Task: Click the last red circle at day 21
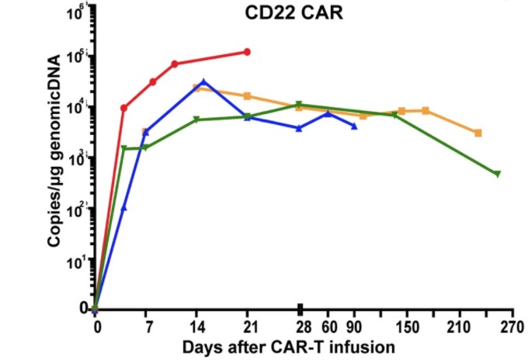(248, 52)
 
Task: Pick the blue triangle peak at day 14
(203, 81)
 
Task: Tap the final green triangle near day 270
(497, 174)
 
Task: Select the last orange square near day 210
(478, 133)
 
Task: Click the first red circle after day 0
(123, 108)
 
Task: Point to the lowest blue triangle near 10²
(123, 208)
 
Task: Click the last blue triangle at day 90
(354, 126)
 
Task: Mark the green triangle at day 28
(300, 105)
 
